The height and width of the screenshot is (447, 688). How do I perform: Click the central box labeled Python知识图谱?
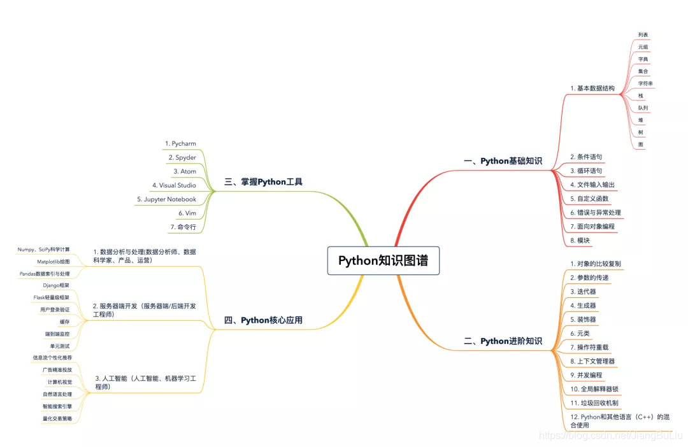click(x=383, y=260)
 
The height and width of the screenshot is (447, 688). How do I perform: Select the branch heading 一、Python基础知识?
click(x=503, y=161)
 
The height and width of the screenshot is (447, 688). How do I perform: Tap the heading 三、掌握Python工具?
click(x=263, y=182)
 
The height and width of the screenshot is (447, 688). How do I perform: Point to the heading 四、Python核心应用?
click(x=263, y=320)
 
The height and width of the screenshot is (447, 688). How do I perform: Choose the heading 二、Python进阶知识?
click(x=503, y=341)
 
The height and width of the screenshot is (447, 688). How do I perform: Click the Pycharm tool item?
click(x=180, y=144)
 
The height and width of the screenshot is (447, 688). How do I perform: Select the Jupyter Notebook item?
click(x=166, y=199)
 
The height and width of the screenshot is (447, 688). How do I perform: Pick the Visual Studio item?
click(x=174, y=185)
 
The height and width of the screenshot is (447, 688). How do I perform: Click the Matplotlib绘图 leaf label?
click(x=54, y=262)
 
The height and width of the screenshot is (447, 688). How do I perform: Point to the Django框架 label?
click(x=56, y=285)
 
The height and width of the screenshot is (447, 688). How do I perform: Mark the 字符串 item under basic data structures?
click(x=645, y=83)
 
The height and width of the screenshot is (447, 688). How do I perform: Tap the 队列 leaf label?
click(x=643, y=108)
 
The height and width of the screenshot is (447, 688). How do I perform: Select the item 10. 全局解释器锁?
click(x=594, y=388)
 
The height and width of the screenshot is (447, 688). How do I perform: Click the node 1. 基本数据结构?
click(x=592, y=88)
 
